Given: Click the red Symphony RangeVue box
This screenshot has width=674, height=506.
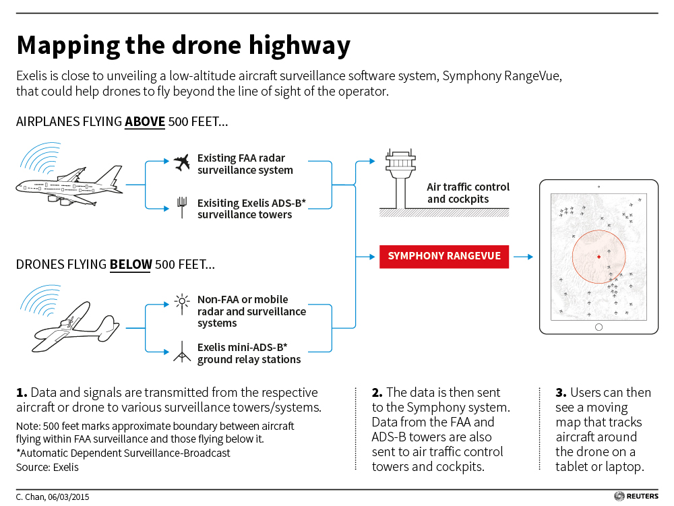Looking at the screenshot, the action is pyautogui.click(x=444, y=257).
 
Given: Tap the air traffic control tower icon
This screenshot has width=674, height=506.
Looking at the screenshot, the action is pyautogui.click(x=400, y=179).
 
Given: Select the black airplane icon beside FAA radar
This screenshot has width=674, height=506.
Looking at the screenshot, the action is pyautogui.click(x=182, y=162).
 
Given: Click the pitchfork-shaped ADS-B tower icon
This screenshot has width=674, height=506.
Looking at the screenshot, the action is pyautogui.click(x=182, y=208).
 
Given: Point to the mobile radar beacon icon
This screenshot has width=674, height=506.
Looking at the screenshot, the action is pyautogui.click(x=182, y=303).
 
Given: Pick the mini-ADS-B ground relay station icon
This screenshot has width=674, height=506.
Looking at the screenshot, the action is pyautogui.click(x=182, y=352).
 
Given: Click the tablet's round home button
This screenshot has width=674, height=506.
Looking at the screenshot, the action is pyautogui.click(x=599, y=327).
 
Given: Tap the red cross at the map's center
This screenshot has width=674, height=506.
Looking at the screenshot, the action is pyautogui.click(x=599, y=257).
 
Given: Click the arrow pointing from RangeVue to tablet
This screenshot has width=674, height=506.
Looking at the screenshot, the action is pyautogui.click(x=524, y=257).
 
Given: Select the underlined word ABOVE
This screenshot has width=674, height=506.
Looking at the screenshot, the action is pyautogui.click(x=145, y=122).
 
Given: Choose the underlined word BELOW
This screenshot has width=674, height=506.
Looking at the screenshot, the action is pyautogui.click(x=131, y=265).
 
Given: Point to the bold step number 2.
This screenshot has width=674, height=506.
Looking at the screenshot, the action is pyautogui.click(x=377, y=393).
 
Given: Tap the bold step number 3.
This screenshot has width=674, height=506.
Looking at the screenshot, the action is pyautogui.click(x=561, y=393).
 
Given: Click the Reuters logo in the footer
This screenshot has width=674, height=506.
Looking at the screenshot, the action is pyautogui.click(x=636, y=496).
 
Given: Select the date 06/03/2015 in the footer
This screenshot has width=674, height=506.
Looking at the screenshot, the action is pyautogui.click(x=69, y=497).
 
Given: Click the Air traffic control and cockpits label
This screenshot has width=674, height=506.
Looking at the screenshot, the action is pyautogui.click(x=468, y=193).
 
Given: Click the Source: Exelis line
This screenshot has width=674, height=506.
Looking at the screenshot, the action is pyautogui.click(x=47, y=468).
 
